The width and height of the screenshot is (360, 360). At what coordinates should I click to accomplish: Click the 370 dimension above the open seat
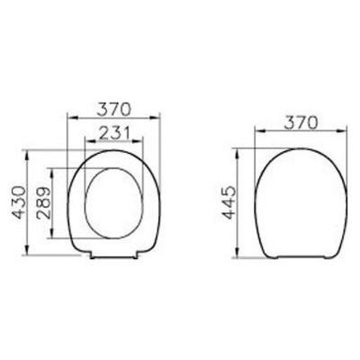click(x=113, y=109)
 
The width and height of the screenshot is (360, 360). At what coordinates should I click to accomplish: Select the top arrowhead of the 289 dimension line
click(x=58, y=169)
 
